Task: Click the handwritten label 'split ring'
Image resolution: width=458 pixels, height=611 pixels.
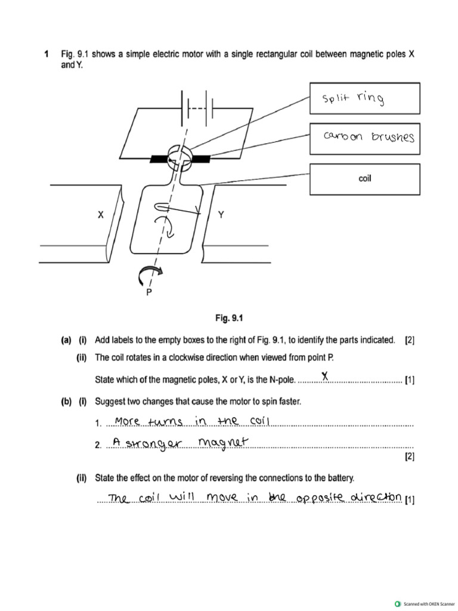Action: (352, 98)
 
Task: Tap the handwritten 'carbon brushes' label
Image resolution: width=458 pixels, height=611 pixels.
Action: (369, 137)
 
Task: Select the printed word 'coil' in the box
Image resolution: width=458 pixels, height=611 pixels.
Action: (365, 178)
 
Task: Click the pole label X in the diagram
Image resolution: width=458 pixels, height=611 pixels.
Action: (101, 215)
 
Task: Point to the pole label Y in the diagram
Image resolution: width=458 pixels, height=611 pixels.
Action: (221, 215)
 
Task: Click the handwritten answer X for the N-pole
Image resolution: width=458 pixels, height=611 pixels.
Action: (325, 376)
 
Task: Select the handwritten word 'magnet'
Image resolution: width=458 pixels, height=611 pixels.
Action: (222, 442)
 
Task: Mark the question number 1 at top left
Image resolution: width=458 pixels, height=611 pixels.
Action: (46, 54)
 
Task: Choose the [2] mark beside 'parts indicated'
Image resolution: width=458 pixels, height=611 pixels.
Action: (409, 341)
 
